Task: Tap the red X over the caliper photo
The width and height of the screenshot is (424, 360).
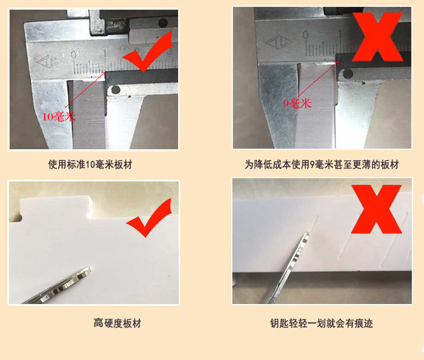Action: pyautogui.click(x=378, y=37)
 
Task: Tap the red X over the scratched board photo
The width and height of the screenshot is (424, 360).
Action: pyautogui.click(x=376, y=209)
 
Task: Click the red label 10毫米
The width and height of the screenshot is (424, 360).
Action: pyautogui.click(x=58, y=116)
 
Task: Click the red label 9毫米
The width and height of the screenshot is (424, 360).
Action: pyautogui.click(x=297, y=103)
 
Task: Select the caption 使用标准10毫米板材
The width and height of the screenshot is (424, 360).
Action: pyautogui.click(x=90, y=164)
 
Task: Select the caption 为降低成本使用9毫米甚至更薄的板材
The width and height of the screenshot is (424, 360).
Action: pyautogui.click(x=322, y=164)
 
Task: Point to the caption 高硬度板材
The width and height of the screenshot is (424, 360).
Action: pyautogui.click(x=118, y=323)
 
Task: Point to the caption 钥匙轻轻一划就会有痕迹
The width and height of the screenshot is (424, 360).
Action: pyautogui.click(x=322, y=323)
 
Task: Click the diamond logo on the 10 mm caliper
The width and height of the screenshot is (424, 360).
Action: pyautogui.click(x=49, y=62)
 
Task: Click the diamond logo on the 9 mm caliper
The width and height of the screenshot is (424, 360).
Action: pyautogui.click(x=279, y=42)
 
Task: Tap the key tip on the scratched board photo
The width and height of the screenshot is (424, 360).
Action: pyautogui.click(x=306, y=234)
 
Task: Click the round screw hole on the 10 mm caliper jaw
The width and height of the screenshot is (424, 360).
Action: pyautogui.click(x=115, y=90)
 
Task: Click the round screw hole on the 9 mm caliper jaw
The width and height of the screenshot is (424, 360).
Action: pyautogui.click(x=348, y=74)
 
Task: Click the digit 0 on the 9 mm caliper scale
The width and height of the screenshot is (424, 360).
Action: pyautogui.click(x=305, y=35)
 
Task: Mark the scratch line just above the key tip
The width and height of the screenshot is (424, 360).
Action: pyautogui.click(x=313, y=224)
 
